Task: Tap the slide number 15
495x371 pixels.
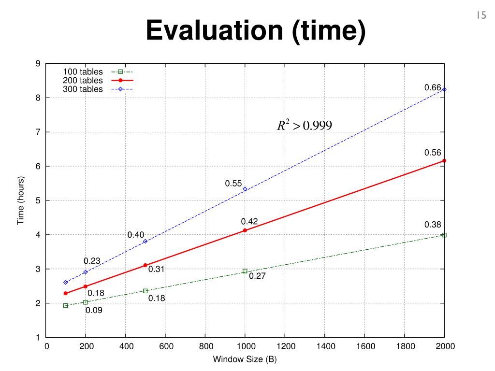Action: [x=480, y=15]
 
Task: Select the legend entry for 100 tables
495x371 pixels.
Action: [x=83, y=72]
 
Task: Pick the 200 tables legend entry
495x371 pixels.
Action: [x=83, y=80]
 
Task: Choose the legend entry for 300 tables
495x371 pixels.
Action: [x=83, y=89]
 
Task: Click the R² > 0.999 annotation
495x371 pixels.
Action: [x=304, y=126]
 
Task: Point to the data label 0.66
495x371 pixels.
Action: [x=433, y=87]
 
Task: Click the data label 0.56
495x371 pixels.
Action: [x=433, y=152]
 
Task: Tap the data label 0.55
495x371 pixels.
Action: [x=233, y=184]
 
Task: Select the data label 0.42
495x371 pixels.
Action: [x=249, y=221]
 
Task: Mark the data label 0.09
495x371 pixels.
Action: [x=94, y=310]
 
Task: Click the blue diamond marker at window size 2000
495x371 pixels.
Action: [x=444, y=89]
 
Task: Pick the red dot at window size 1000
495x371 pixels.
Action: [x=245, y=230]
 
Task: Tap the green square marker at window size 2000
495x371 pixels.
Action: [x=444, y=235]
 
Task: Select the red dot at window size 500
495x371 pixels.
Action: [x=145, y=265]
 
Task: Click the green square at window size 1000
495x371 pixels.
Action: [x=245, y=271]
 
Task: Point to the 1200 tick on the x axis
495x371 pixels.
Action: [x=285, y=346]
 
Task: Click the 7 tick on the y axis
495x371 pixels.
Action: [x=37, y=132]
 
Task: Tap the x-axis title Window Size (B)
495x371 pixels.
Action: [x=245, y=359]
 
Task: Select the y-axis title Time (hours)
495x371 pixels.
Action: [x=20, y=200]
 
